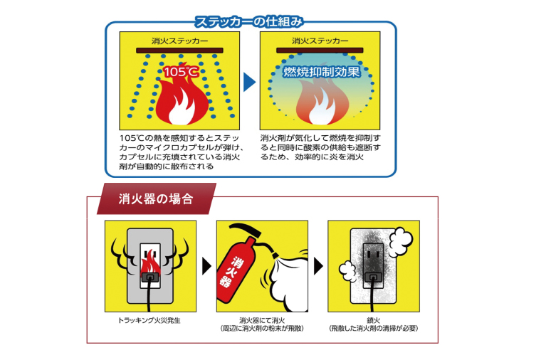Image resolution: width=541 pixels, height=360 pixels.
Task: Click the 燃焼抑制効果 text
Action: [321, 73]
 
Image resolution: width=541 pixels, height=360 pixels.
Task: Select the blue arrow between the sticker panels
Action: [249, 82]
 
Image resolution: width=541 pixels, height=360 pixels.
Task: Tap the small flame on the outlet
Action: [150, 267]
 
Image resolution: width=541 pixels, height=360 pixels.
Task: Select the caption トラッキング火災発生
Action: [150, 321]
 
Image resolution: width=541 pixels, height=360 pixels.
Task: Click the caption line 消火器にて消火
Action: [263, 321]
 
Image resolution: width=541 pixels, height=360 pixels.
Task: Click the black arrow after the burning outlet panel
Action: [207, 266]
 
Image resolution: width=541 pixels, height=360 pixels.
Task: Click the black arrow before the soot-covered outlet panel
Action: [318, 266]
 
